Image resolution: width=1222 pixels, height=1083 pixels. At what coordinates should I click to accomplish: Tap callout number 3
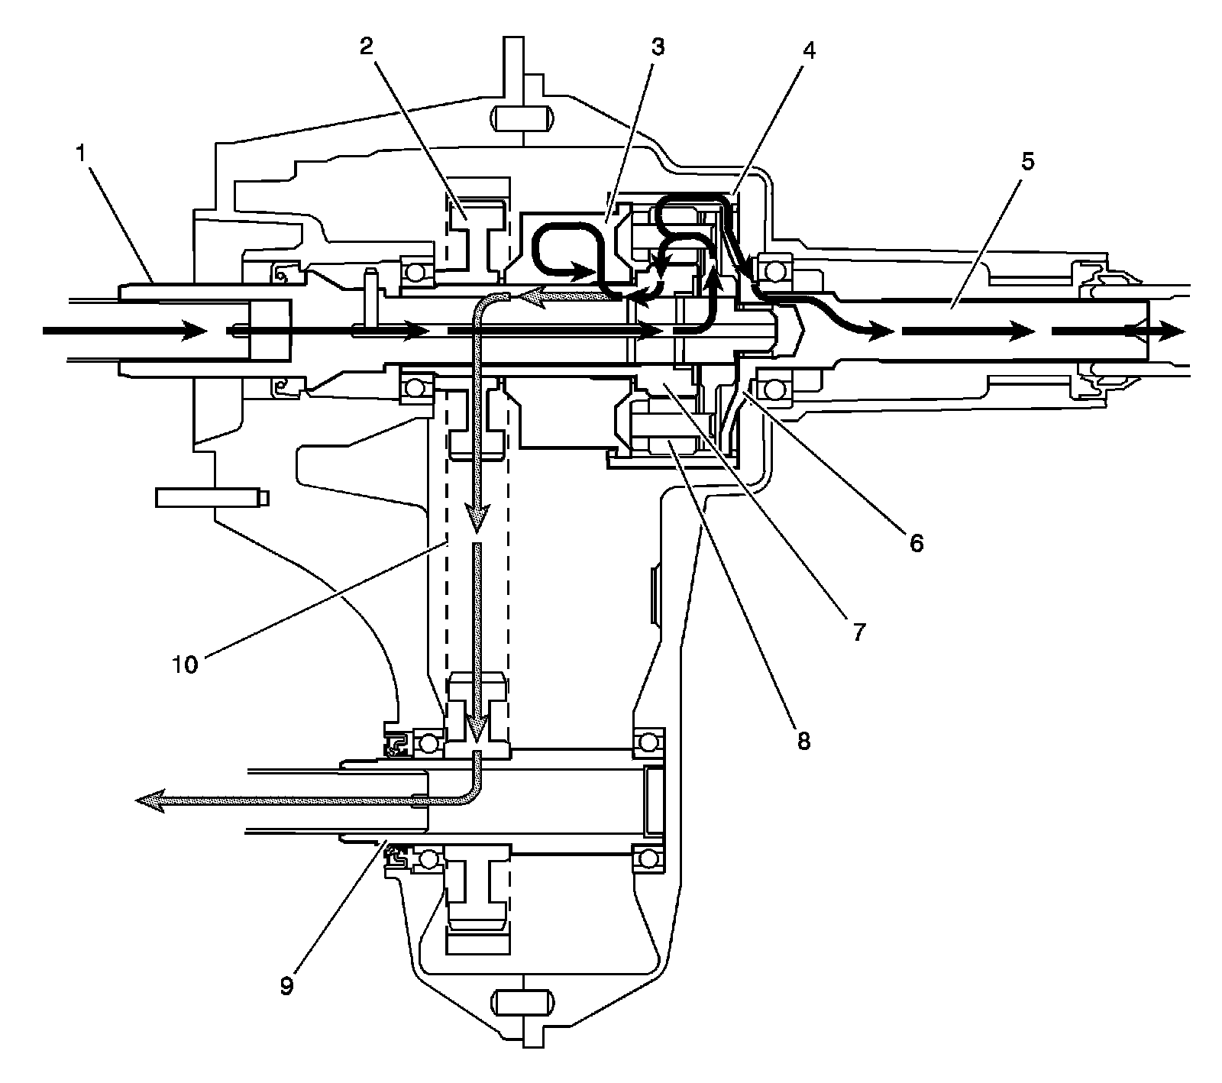point(658,47)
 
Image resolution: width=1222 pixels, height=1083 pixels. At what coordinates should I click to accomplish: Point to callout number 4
point(809,50)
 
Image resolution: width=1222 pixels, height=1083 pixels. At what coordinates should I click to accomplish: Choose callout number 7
point(858,632)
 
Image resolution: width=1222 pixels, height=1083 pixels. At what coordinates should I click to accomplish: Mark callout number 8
point(803,739)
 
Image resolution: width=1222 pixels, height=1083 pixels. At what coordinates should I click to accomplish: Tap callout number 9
point(286,986)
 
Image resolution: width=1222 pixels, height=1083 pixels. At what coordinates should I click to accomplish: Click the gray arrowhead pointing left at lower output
point(150,801)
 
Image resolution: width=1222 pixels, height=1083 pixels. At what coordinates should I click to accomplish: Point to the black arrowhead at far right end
point(1169,331)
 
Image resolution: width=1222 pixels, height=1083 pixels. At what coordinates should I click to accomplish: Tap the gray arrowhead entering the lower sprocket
point(477,729)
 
